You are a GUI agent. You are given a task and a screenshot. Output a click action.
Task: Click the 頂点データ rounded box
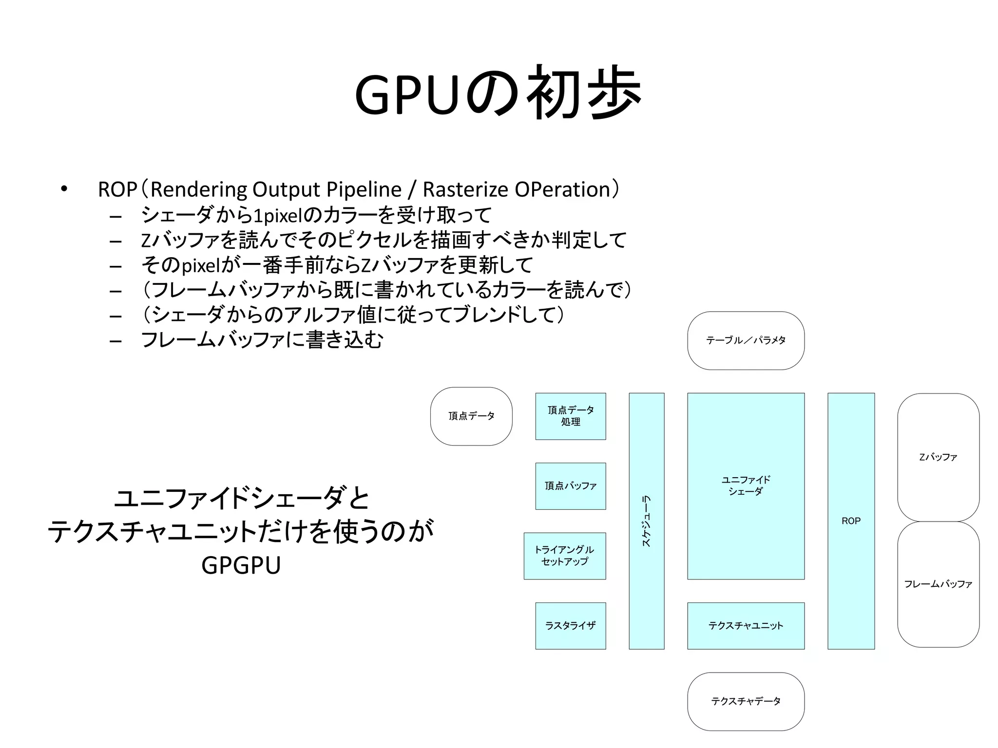[471, 416]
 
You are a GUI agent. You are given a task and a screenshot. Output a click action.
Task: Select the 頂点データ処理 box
[570, 416]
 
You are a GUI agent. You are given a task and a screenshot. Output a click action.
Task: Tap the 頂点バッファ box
[570, 486]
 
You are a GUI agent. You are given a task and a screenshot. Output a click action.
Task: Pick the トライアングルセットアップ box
[564, 556]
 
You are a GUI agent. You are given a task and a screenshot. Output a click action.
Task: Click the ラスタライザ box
[570, 625]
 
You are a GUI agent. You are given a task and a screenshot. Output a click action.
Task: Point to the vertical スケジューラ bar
[646, 521]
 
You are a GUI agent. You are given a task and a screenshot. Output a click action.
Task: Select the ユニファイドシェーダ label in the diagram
[746, 486]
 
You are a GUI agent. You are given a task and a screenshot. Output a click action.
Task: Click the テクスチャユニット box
[746, 625]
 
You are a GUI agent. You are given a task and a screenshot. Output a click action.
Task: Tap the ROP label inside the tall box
[851, 521]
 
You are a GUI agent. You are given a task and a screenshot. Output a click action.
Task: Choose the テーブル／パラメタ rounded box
[746, 340]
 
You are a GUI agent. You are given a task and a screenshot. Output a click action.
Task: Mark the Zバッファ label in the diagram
[938, 457]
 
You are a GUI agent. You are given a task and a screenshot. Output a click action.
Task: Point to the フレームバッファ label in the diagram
[938, 583]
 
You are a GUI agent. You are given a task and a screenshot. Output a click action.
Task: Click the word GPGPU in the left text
[241, 565]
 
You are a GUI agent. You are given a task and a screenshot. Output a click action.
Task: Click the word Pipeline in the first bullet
[364, 189]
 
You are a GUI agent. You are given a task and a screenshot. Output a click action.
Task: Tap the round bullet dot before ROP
[64, 189]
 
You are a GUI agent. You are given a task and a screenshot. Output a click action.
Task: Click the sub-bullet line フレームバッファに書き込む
[262, 340]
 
